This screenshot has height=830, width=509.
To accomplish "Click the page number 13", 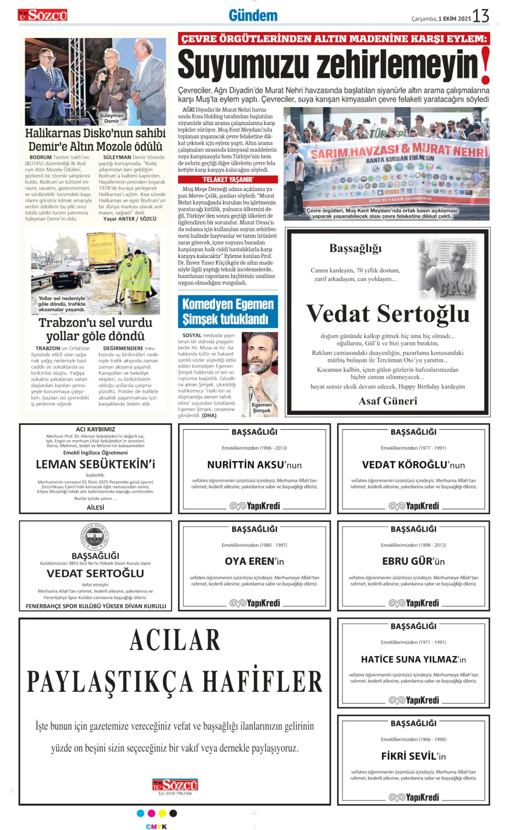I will point(481,16).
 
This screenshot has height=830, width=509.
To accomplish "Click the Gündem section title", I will point(253,16).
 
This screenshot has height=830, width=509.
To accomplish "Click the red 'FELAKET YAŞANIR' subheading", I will point(227,179).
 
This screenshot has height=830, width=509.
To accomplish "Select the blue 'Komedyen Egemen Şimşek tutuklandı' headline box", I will point(227,312).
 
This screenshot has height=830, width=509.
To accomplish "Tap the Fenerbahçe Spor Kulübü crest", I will point(95,537).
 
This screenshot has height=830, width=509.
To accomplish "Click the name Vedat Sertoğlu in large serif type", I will point(387,314).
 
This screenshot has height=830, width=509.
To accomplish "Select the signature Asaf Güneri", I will point(387,401).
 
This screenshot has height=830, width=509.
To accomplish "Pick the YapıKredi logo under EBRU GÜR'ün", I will point(414,603).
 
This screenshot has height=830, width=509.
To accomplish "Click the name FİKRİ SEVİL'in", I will point(413,756).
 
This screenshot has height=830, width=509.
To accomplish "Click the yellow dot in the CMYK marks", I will point(162,813).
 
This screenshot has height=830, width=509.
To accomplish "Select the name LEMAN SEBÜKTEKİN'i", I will point(95,464).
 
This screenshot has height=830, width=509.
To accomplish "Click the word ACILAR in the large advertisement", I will point(175,640).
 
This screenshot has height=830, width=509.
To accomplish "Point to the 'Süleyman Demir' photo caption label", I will point(111,118).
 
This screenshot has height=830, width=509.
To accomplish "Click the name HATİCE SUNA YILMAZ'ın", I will point(413,659).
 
